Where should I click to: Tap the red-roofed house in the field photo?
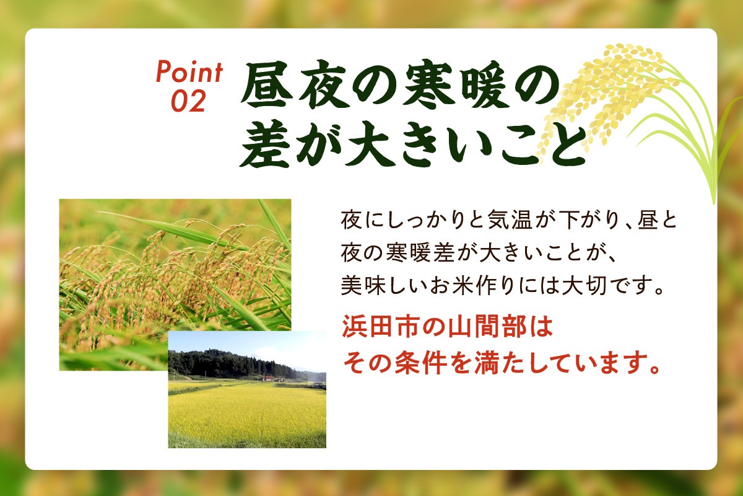(x=267, y=377)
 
